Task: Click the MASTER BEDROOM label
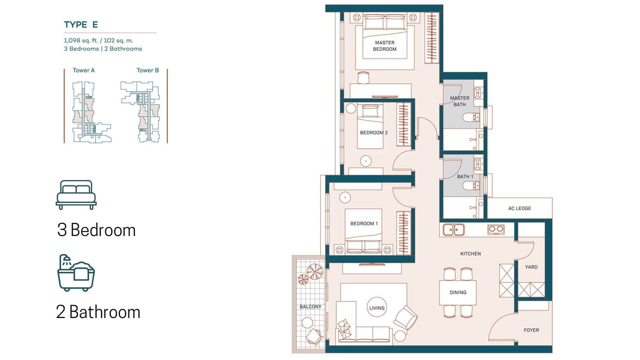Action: click(x=384, y=46)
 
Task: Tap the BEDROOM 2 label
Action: click(x=374, y=132)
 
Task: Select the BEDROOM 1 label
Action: click(x=364, y=224)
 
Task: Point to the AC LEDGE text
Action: click(x=520, y=208)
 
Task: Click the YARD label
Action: click(x=531, y=267)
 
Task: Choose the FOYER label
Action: click(x=532, y=330)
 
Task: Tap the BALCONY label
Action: click(x=310, y=306)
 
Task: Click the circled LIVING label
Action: click(x=377, y=308)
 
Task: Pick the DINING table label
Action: click(x=458, y=292)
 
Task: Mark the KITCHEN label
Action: click(x=470, y=254)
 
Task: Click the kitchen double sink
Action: click(x=454, y=230)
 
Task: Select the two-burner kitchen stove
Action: click(x=496, y=229)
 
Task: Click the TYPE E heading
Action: click(x=81, y=24)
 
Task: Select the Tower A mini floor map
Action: click(x=92, y=112)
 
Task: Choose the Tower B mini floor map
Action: click(x=140, y=112)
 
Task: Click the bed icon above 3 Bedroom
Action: click(x=76, y=194)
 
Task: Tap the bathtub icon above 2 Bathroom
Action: click(x=76, y=273)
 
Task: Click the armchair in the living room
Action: click(x=405, y=317)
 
